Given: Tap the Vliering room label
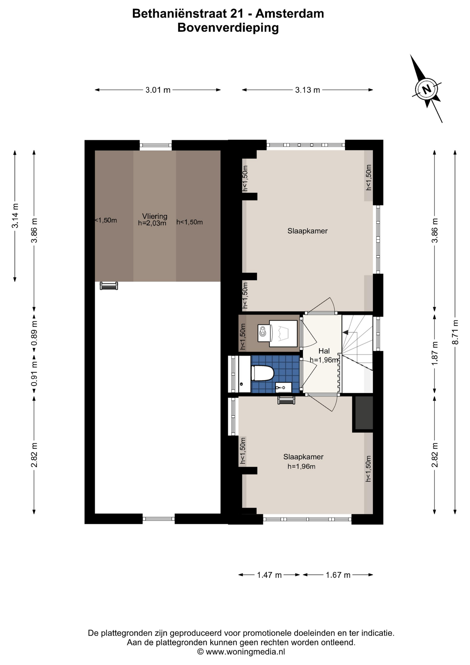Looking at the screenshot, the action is [x=155, y=216].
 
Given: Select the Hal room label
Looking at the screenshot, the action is [x=324, y=351].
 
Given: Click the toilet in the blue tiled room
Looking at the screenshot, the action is [x=263, y=373].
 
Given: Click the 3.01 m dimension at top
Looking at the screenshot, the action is [x=158, y=90].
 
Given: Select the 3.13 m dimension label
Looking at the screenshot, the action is [x=307, y=90].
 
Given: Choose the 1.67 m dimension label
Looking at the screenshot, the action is [x=338, y=575].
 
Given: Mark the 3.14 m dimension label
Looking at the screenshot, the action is [x=15, y=216].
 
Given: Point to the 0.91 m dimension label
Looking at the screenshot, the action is [x=34, y=374].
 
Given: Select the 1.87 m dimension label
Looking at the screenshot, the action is [x=435, y=353].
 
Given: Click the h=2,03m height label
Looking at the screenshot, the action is [x=152, y=223].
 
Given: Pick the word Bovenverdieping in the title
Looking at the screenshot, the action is [x=228, y=28].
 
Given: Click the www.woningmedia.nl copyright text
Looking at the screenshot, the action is [x=241, y=651].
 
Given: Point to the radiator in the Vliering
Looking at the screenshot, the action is [x=109, y=286].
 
